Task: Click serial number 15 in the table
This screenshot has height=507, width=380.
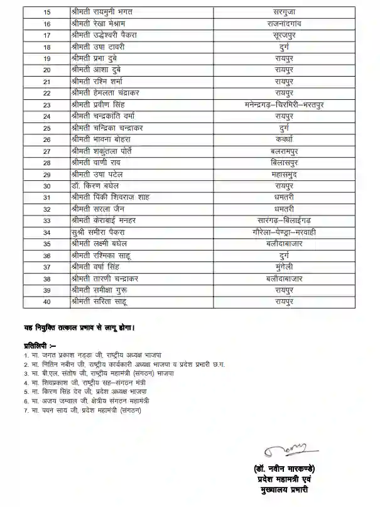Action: [46, 12]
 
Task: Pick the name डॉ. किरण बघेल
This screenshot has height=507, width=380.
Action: [95, 186]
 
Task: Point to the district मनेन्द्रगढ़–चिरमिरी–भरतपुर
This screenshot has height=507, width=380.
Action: [284, 105]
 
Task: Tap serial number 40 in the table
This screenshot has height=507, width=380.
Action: [46, 302]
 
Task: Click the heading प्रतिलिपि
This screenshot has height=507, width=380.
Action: [40, 346]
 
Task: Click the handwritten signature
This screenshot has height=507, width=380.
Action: [286, 449]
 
